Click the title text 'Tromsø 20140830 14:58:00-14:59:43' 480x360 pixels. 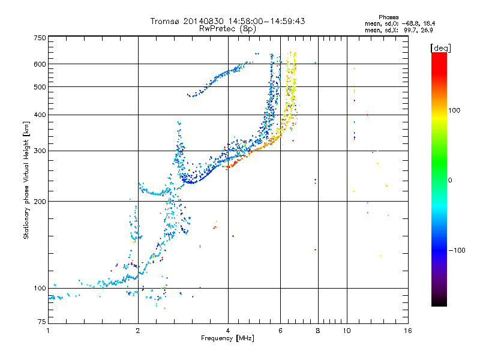coord(227,21)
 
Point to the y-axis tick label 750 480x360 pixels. coord(40,38)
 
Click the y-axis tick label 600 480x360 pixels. coord(40,64)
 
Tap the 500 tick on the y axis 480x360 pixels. coord(40,86)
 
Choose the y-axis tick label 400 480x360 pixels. coord(40,115)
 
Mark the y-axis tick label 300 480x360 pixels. coord(40,151)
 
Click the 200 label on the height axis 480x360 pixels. coord(40,201)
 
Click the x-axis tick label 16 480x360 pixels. coord(407,331)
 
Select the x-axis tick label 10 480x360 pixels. coord(347,331)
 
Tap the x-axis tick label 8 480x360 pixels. coord(318,331)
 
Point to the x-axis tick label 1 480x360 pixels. coord(48,331)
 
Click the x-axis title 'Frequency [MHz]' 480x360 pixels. coord(227,338)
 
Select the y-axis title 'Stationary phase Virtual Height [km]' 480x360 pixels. coord(26,181)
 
